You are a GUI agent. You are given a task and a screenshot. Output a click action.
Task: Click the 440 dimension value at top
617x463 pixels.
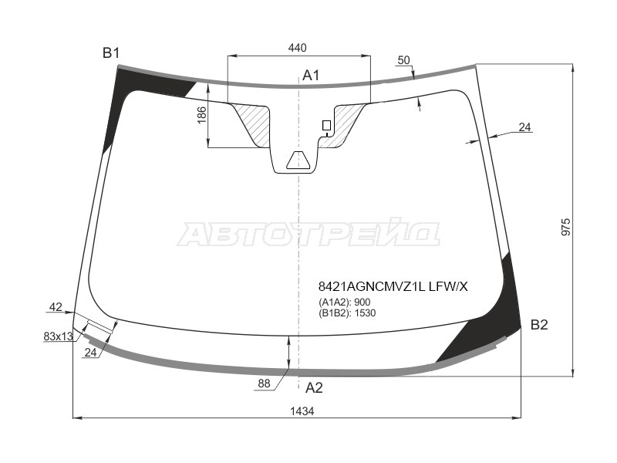pyautogui.click(x=297, y=48)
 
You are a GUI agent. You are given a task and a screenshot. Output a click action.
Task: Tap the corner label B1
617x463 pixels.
pyautogui.click(x=110, y=52)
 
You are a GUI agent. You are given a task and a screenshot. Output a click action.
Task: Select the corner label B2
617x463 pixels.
pyautogui.click(x=539, y=325)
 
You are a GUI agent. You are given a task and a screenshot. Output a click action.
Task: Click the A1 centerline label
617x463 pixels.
pyautogui.click(x=311, y=75)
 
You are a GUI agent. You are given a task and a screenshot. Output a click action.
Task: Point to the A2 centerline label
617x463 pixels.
pyautogui.click(x=314, y=388)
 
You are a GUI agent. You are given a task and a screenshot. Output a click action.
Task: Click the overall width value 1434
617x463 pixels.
pyautogui.click(x=302, y=411)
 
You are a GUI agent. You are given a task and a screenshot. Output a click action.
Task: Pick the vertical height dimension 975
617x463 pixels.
pyautogui.click(x=565, y=227)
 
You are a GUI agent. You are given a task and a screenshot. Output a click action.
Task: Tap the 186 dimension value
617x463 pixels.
pyautogui.click(x=201, y=115)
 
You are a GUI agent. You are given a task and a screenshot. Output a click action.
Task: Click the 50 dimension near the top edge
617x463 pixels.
pyautogui.click(x=403, y=60)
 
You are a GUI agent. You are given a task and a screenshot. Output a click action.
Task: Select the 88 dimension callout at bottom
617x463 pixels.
pyautogui.click(x=264, y=383)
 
